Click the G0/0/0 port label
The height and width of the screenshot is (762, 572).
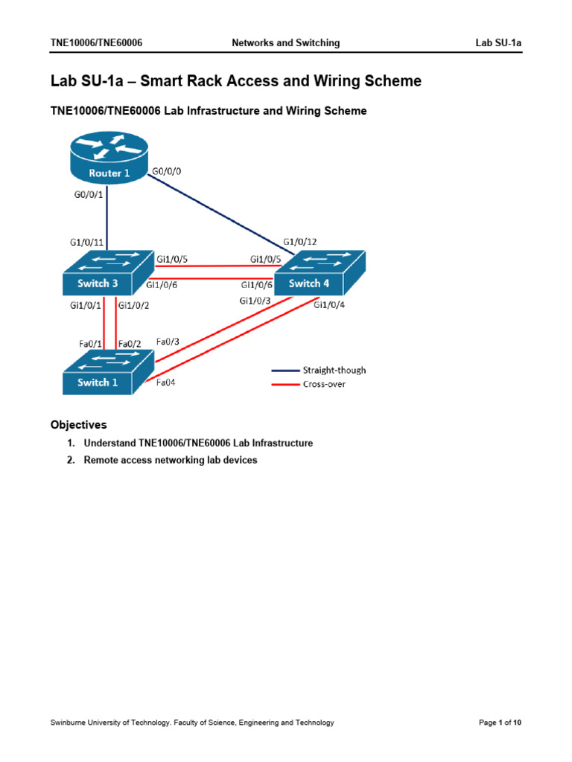click(x=167, y=171)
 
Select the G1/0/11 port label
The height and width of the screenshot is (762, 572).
click(x=86, y=242)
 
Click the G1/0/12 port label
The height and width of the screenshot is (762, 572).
click(x=299, y=242)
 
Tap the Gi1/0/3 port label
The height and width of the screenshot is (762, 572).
click(x=255, y=301)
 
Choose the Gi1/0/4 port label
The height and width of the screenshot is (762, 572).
click(x=330, y=304)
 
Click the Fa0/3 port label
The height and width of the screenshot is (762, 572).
click(x=167, y=342)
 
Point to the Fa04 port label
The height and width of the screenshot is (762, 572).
click(x=166, y=384)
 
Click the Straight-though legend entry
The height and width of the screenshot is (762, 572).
click(x=334, y=370)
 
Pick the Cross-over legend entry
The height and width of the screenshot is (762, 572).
click(x=324, y=384)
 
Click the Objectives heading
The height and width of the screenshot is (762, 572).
click(x=78, y=425)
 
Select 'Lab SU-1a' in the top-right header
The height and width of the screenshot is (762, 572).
click(x=498, y=43)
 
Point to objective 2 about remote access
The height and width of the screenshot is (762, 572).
click(x=170, y=460)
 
